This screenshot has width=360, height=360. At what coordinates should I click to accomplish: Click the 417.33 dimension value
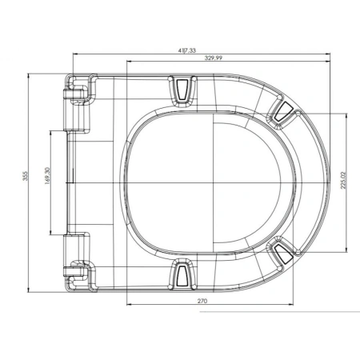(187, 50)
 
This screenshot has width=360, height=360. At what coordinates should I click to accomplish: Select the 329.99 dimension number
(214, 58)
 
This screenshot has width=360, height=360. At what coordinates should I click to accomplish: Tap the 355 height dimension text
(25, 176)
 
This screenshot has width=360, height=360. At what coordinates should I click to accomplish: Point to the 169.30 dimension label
(47, 176)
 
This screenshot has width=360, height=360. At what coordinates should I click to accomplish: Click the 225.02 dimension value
(343, 180)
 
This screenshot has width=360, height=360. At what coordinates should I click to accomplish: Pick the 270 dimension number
(202, 301)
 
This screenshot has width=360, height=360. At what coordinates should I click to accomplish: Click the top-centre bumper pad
(182, 90)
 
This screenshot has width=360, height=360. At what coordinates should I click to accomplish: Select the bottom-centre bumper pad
(182, 274)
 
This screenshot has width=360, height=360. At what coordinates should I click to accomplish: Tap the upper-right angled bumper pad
(283, 112)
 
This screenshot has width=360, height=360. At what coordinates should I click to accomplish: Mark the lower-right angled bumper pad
(283, 253)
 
